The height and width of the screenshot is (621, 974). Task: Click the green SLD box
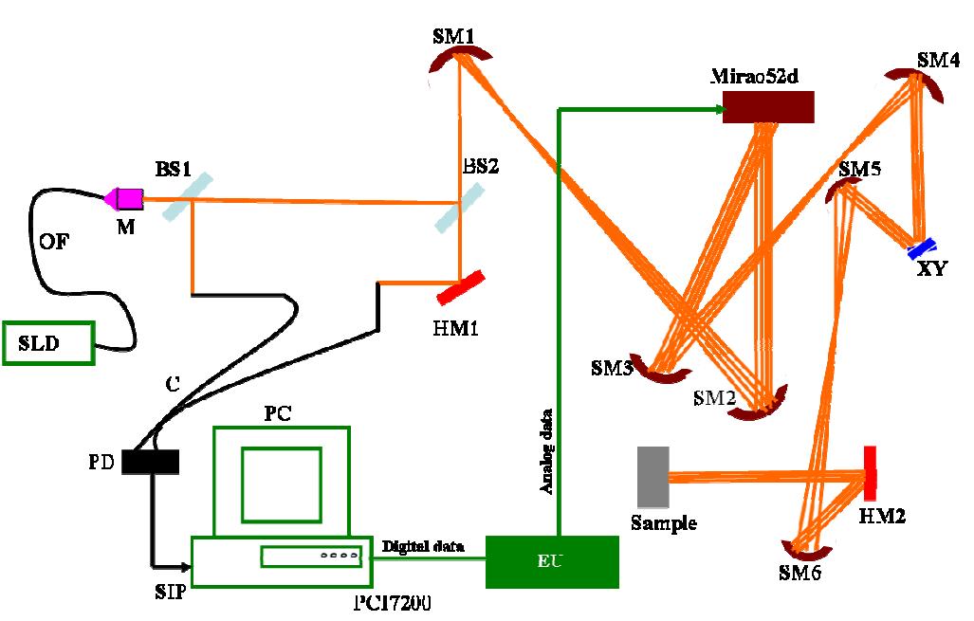pyautogui.click(x=49, y=342)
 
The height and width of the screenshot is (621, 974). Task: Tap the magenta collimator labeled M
pyautogui.click(x=124, y=198)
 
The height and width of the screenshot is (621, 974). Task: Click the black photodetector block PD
pyautogui.click(x=151, y=461)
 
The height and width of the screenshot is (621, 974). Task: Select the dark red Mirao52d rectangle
pyautogui.click(x=768, y=107)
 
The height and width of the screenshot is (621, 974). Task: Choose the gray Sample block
pyautogui.click(x=653, y=477)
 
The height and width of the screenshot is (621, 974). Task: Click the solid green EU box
pyautogui.click(x=552, y=561)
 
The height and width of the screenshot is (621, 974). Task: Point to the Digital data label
pyautogui.click(x=422, y=547)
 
